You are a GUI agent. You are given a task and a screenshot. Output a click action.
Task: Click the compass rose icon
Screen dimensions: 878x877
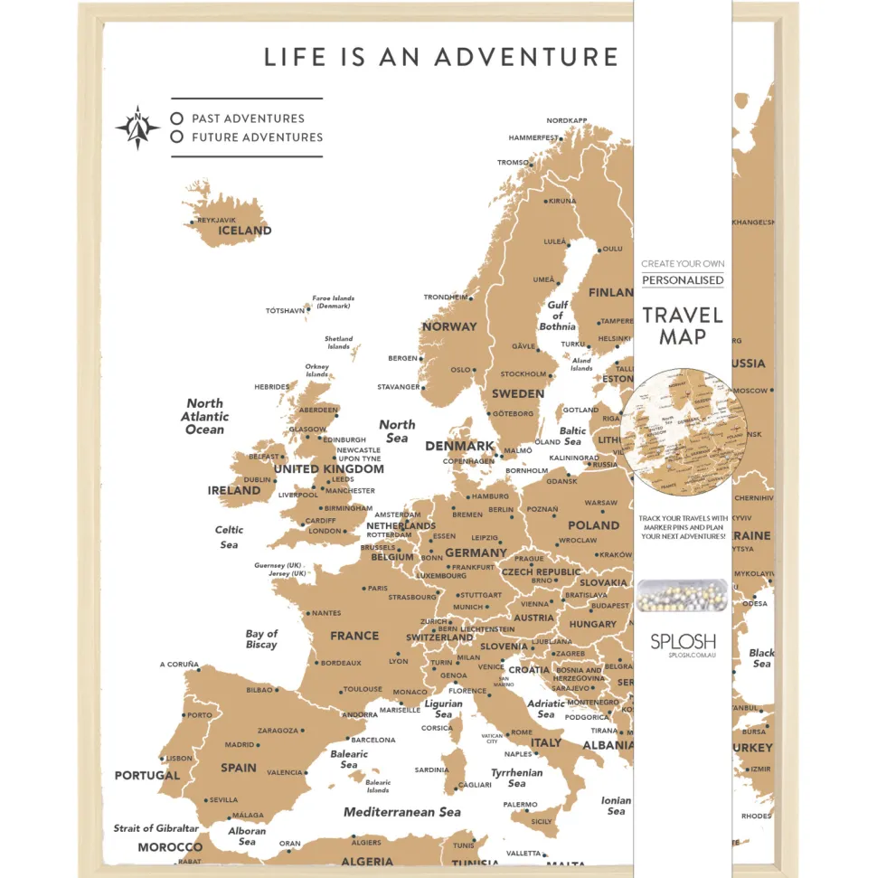pyautogui.click(x=137, y=127)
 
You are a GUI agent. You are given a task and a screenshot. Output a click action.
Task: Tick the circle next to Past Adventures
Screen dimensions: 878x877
pyautogui.click(x=177, y=118)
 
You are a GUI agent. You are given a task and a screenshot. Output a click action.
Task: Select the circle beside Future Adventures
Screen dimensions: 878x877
pyautogui.click(x=177, y=137)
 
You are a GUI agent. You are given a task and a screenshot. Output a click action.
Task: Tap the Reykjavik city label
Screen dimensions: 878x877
pyautogui.click(x=216, y=220)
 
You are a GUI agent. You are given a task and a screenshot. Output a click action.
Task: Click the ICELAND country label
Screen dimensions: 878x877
pyautogui.click(x=244, y=231)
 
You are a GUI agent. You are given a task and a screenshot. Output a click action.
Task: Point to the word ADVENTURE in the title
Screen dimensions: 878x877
pyautogui.click(x=526, y=57)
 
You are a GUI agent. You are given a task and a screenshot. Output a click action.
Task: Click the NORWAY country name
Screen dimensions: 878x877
pyautogui.click(x=449, y=326)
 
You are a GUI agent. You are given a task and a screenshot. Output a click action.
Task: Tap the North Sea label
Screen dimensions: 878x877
pyautogui.click(x=397, y=430)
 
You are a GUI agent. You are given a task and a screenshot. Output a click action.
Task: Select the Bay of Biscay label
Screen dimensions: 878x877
pyautogui.click(x=261, y=639)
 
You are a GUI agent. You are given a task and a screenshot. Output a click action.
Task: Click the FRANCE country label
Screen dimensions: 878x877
pyautogui.click(x=354, y=636)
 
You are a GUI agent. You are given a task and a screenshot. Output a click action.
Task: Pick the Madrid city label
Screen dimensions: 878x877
pyautogui.click(x=240, y=745)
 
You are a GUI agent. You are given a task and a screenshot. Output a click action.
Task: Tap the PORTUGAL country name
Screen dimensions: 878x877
pyautogui.click(x=147, y=776)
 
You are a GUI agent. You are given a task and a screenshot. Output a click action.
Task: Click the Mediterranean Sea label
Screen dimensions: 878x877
pyautogui.click(x=402, y=812)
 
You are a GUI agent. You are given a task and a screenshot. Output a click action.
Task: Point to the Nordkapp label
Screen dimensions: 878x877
pyautogui.click(x=566, y=121)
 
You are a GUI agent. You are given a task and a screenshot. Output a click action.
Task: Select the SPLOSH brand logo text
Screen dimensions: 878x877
pyautogui.click(x=683, y=641)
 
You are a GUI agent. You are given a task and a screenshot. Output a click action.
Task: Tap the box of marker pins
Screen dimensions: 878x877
pyautogui.click(x=682, y=596)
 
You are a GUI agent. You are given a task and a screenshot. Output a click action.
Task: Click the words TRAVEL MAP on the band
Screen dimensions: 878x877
pyautogui.click(x=683, y=326)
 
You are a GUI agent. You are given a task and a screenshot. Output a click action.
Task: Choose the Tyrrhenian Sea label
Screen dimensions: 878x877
pyautogui.click(x=516, y=778)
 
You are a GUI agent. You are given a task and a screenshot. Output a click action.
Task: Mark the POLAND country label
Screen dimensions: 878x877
pyautogui.click(x=593, y=525)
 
